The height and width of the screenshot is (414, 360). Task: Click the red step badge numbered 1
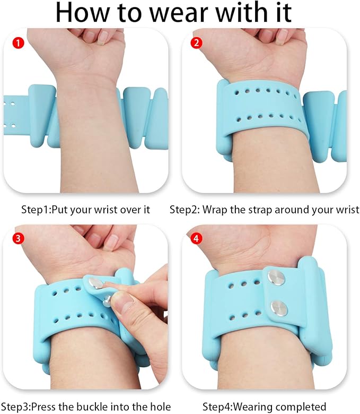18,43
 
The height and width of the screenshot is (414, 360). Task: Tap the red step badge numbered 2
196,43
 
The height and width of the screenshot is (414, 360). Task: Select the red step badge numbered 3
18,239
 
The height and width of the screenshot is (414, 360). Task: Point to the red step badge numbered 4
196,239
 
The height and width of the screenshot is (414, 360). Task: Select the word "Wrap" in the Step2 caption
215,210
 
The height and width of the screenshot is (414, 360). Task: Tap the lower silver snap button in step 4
279,308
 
